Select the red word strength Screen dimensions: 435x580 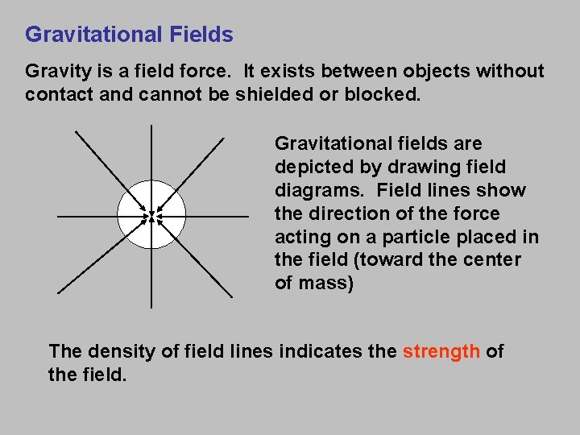click(441, 351)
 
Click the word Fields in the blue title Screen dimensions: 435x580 click(201, 35)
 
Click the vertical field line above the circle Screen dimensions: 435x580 click(151, 153)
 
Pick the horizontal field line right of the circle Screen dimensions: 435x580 click(217, 217)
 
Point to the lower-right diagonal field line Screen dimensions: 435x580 click(201, 271)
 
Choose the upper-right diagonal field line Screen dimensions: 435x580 click(201, 161)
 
